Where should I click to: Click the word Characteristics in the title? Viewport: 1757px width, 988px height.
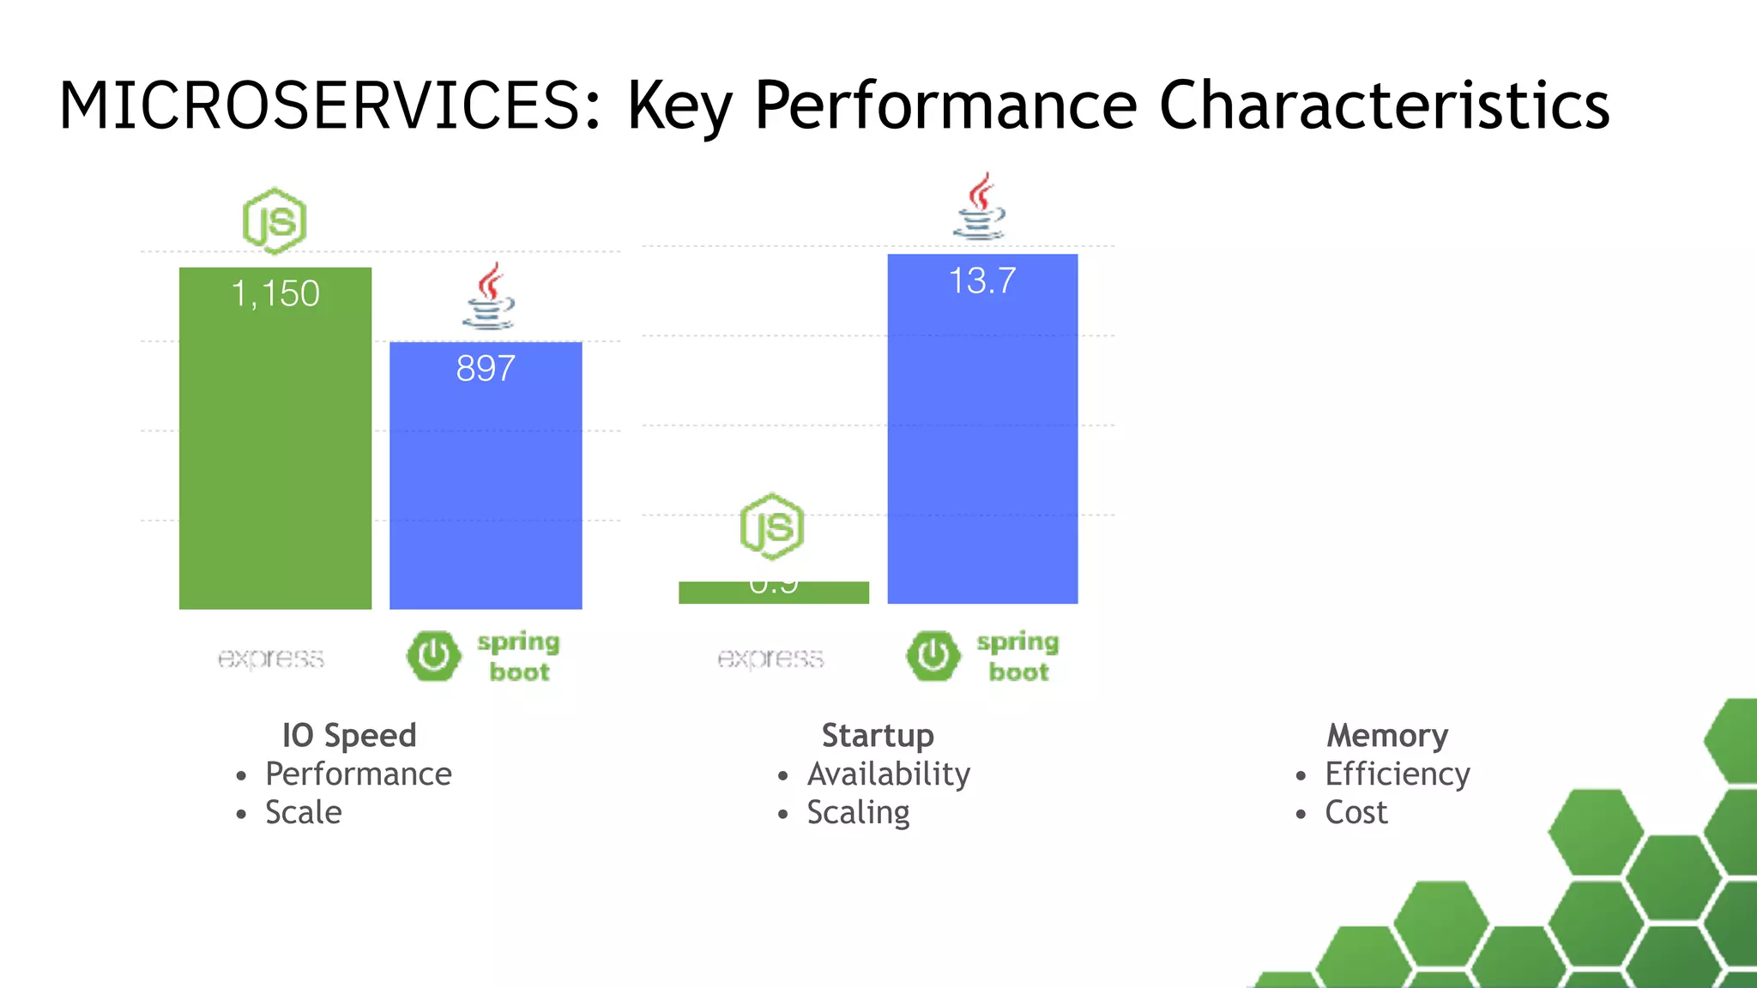coord(1384,105)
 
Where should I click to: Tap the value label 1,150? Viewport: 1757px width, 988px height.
coord(275,294)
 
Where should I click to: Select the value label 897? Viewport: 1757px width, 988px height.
coord(486,369)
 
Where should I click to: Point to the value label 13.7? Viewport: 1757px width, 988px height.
coord(982,281)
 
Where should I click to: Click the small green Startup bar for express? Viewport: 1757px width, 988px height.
coord(773,593)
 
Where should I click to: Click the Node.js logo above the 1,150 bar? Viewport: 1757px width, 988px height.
coord(275,221)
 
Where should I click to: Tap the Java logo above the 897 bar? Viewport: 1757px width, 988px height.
coord(489,297)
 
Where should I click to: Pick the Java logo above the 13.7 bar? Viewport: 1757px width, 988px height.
coord(980,207)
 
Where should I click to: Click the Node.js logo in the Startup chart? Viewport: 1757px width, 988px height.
coord(772,527)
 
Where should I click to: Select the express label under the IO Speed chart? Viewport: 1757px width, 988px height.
coord(270,658)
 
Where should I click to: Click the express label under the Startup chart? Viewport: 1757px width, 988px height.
coord(770,658)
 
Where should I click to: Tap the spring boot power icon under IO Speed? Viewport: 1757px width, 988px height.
coord(433,656)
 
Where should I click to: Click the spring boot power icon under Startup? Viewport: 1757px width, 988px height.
coord(933,656)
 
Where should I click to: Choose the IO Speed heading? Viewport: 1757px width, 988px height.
coord(349,736)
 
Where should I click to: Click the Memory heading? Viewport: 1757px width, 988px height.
coord(1387,736)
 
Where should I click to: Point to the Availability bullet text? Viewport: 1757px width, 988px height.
coord(888,774)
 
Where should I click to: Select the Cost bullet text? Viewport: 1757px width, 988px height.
coord(1355,813)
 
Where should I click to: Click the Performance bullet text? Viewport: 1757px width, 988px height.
coord(358,774)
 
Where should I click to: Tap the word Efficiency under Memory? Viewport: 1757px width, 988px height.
coord(1397,774)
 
